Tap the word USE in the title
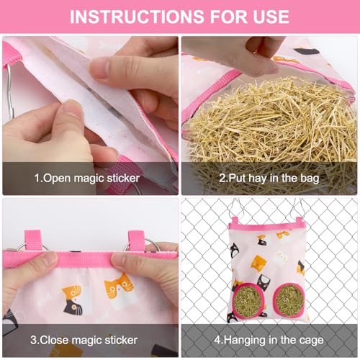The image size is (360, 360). [x=266, y=16]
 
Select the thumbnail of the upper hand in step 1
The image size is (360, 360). [x=99, y=68]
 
